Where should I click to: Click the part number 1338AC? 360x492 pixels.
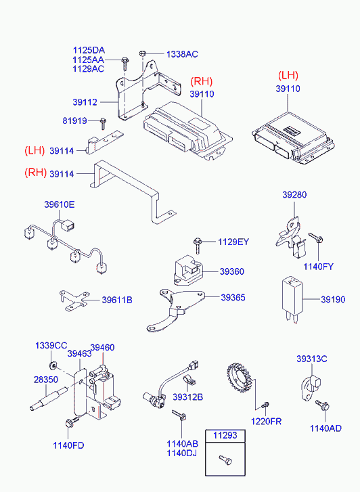[182, 54]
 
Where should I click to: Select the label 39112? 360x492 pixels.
[85, 102]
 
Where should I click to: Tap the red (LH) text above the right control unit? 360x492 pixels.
[288, 75]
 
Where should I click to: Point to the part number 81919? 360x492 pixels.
[74, 120]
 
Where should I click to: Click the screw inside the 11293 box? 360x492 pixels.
[225, 460]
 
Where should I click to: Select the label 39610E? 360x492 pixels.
[60, 204]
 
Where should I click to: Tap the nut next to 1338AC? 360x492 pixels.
[142, 53]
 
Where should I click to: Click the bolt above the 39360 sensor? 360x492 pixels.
[198, 246]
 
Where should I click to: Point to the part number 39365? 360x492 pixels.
[233, 298]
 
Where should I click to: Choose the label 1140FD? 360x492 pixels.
[68, 445]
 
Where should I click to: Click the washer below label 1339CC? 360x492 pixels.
[52, 365]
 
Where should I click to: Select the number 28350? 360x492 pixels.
[46, 380]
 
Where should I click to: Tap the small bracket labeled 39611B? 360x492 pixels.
[74, 300]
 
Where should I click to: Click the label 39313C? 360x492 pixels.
[312, 359]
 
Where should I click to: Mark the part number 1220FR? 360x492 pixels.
[266, 421]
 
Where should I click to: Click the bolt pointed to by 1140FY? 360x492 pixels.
[316, 238]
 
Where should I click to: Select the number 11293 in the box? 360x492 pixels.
[225, 436]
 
